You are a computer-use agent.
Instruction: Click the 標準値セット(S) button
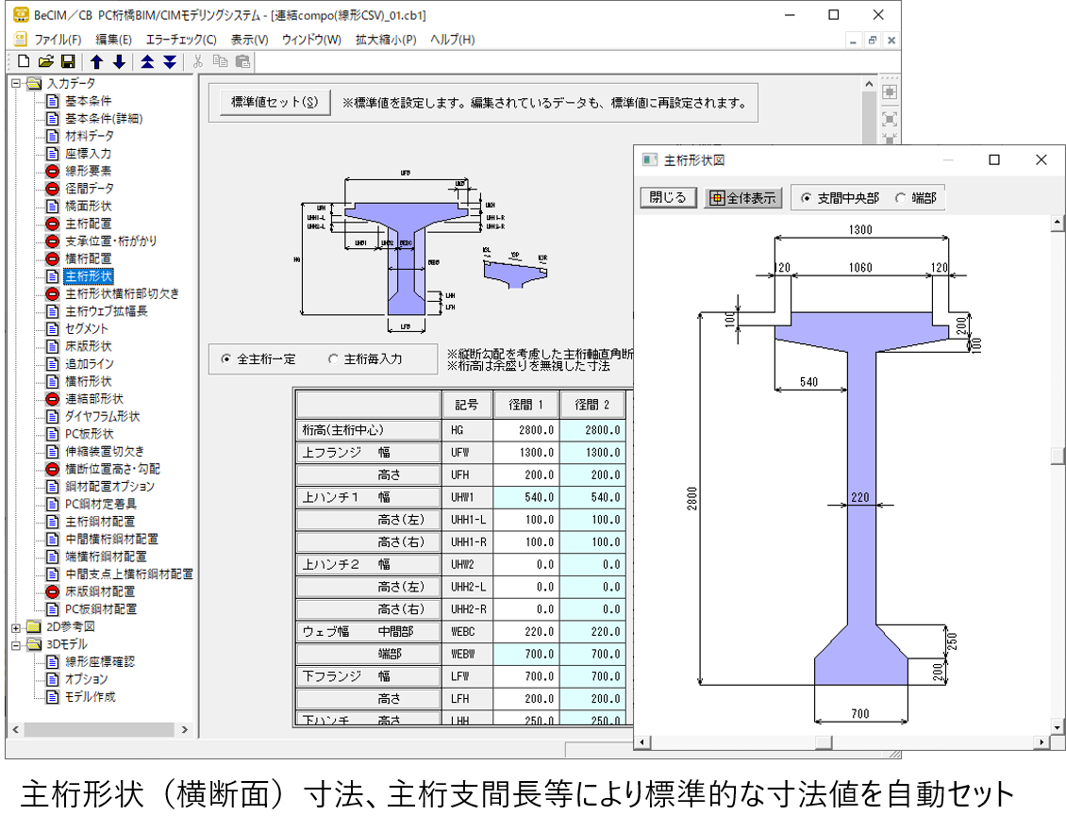pyautogui.click(x=275, y=103)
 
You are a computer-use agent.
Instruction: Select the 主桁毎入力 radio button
pyautogui.click(x=333, y=359)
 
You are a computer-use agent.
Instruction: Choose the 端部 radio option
pyautogui.click(x=900, y=198)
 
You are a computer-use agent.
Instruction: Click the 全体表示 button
pyautogui.click(x=743, y=198)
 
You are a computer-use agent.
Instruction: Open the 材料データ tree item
pyautogui.click(x=89, y=136)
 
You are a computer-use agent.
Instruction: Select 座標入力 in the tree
pyautogui.click(x=88, y=154)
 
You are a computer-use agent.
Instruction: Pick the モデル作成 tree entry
pyautogui.click(x=90, y=697)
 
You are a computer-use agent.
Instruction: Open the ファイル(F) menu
pyautogui.click(x=58, y=40)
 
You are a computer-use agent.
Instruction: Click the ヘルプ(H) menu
pyautogui.click(x=452, y=40)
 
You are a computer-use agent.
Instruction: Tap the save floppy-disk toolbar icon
pyautogui.click(x=68, y=62)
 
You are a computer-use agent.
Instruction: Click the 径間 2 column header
pyautogui.click(x=592, y=405)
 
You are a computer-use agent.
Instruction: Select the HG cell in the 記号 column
pyautogui.click(x=466, y=430)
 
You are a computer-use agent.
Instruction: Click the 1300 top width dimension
pyautogui.click(x=860, y=229)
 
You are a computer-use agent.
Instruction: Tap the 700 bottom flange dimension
pyautogui.click(x=860, y=714)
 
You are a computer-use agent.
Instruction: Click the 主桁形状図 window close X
pyautogui.click(x=1041, y=160)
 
